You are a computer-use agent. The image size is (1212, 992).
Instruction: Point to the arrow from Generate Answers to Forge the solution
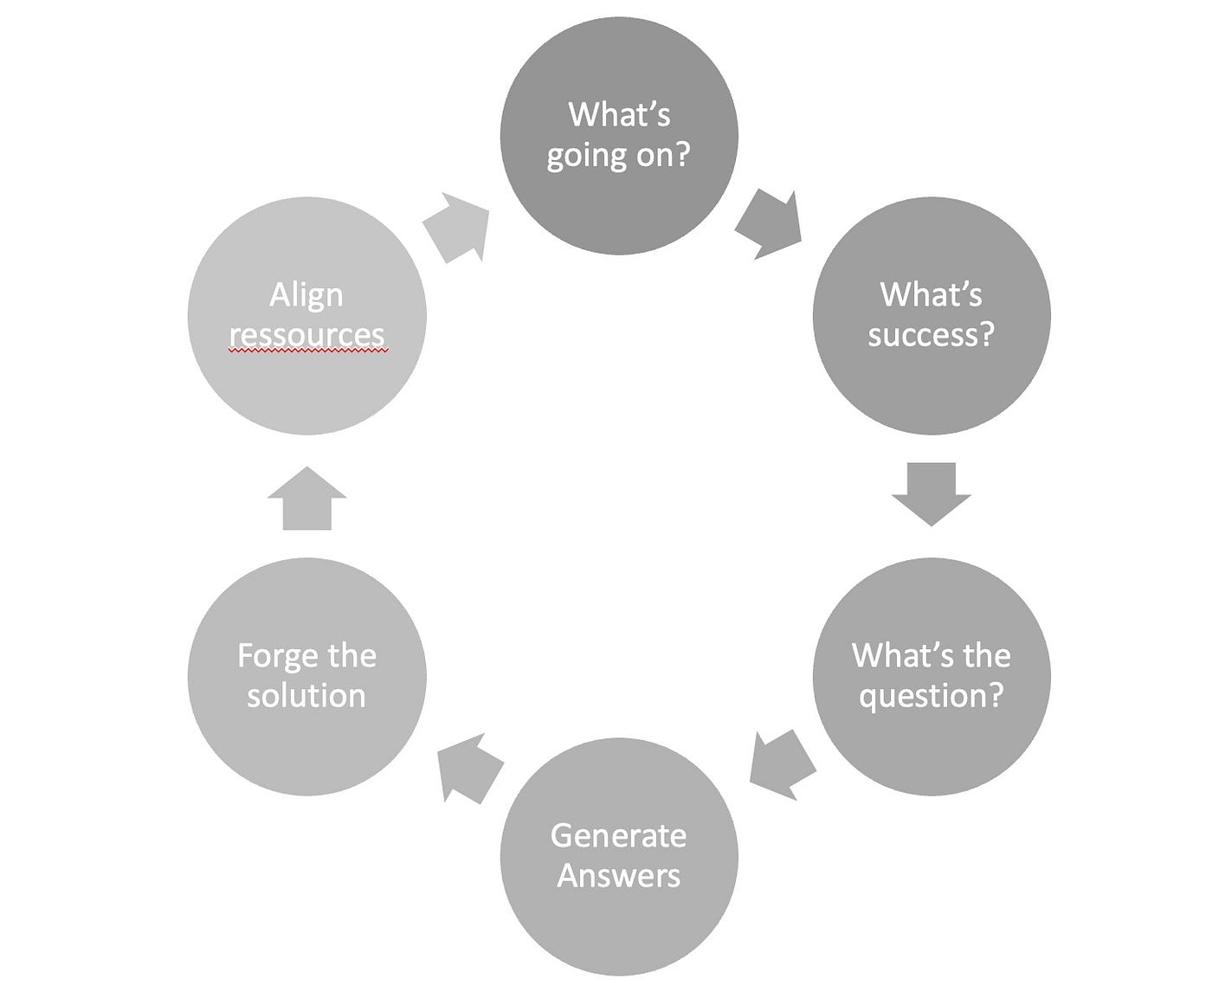point(469,767)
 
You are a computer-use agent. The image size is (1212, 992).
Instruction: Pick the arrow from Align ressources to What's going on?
point(457,228)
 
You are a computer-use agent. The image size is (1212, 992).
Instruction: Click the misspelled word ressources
point(306,335)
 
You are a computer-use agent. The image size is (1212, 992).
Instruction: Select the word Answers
point(619,875)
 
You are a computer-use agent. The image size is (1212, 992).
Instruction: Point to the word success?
point(932,335)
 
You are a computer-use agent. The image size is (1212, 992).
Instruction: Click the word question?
point(932,696)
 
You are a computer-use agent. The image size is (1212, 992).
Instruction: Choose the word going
point(586,157)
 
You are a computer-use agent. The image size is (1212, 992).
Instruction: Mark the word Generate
point(619,835)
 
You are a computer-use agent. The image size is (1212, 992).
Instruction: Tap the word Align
point(306,295)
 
